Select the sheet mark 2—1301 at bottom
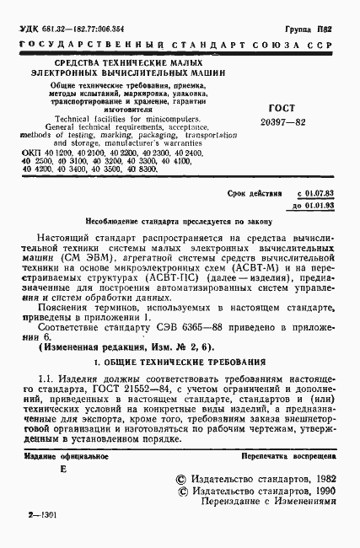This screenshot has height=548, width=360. coord(41,536)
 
